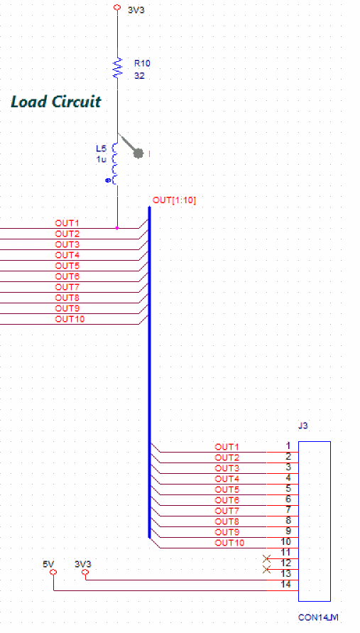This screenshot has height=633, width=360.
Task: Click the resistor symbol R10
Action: click(x=117, y=67)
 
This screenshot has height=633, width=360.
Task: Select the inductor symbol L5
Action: click(x=115, y=163)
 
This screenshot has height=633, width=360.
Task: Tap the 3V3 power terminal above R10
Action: click(x=117, y=8)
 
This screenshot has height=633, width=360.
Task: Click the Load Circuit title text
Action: click(x=55, y=102)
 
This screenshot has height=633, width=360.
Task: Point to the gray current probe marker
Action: click(x=138, y=153)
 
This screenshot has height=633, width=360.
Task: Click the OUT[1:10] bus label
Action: click(x=175, y=200)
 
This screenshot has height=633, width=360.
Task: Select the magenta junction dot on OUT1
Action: click(x=117, y=228)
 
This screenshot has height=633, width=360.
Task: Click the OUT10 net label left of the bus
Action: click(x=70, y=319)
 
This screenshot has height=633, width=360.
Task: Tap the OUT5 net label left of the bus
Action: click(x=67, y=266)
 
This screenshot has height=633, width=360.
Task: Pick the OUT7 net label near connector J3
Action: click(x=227, y=511)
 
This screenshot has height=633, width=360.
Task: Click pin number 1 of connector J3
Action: click(x=288, y=446)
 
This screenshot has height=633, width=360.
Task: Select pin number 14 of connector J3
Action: click(x=285, y=585)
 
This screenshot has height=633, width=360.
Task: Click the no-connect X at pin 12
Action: click(x=266, y=558)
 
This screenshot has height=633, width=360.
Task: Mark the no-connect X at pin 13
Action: click(x=266, y=570)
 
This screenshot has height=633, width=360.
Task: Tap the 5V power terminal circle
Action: click(x=54, y=572)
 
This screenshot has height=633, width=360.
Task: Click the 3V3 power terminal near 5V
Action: click(x=85, y=572)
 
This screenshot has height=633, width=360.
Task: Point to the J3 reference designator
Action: click(x=302, y=426)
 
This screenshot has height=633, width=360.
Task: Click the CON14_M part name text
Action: click(x=318, y=617)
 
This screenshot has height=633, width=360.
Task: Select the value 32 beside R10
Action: click(x=139, y=76)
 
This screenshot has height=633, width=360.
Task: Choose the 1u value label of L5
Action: click(x=102, y=159)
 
